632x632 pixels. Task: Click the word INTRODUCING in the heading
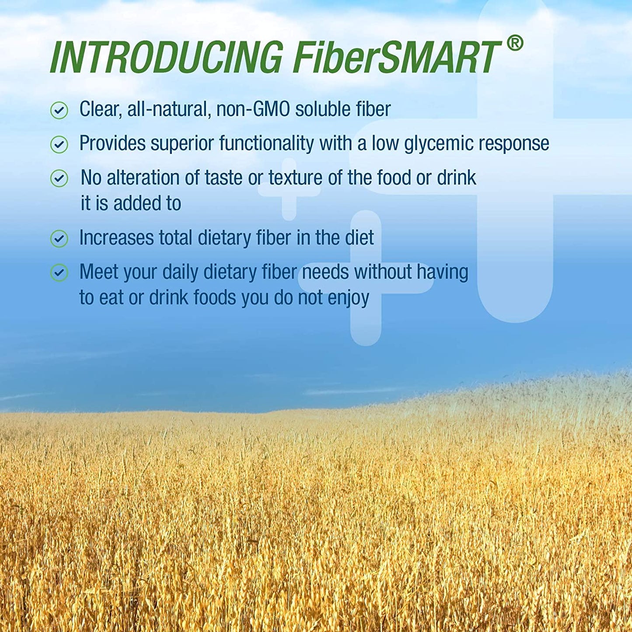tap(167, 57)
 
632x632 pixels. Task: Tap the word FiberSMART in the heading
tap(396, 57)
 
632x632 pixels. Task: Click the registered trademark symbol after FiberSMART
tap(515, 44)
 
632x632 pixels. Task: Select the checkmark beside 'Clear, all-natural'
tap(59, 110)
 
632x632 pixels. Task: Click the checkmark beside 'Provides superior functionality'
tap(59, 144)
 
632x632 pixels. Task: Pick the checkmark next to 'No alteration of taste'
tap(59, 178)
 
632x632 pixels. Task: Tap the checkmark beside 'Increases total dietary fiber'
tap(59, 239)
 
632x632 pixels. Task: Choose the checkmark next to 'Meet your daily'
tap(59, 273)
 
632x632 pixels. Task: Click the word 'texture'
tap(295, 178)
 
